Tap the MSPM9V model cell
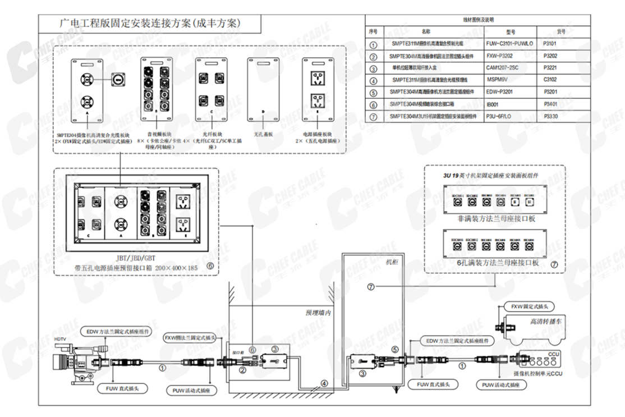click(498, 80)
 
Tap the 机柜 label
click(391, 262)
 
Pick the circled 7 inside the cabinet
click(371, 287)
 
